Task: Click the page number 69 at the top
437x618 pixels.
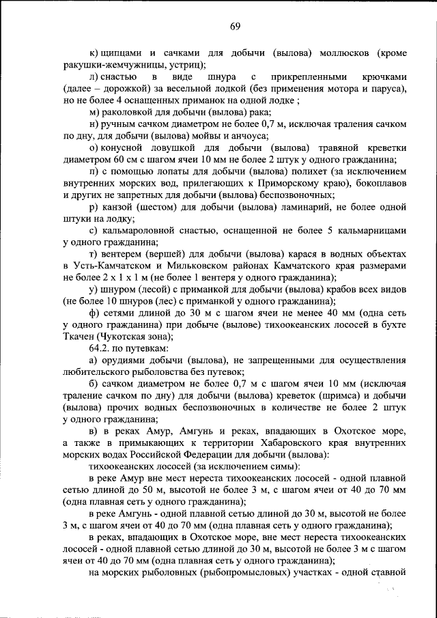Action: [235, 27]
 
